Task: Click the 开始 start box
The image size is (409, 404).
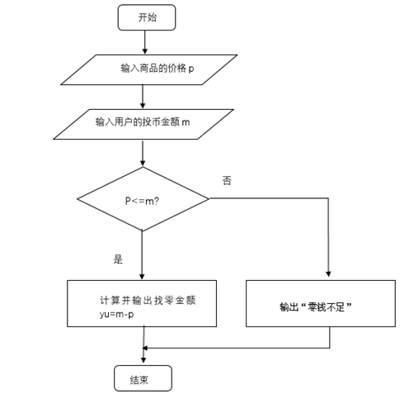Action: click(147, 17)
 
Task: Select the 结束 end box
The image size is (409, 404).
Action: click(143, 378)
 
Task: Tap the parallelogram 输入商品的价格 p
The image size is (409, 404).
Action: click(149, 69)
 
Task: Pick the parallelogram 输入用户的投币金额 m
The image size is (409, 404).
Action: click(143, 124)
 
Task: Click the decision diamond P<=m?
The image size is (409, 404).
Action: click(143, 199)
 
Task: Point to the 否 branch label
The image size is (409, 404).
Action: click(227, 181)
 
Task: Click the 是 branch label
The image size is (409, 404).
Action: click(118, 259)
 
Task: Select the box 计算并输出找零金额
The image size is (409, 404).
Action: click(142, 303)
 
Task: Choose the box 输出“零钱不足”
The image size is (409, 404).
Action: click(321, 303)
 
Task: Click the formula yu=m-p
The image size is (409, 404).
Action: click(116, 314)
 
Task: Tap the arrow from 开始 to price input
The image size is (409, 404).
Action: click(145, 42)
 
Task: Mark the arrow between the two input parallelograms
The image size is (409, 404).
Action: click(143, 97)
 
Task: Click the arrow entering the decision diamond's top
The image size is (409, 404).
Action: click(143, 153)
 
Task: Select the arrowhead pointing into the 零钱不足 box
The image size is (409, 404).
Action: click(328, 273)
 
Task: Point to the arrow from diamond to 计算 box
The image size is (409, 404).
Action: click(142, 255)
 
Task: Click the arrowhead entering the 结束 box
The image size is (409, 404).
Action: click(143, 360)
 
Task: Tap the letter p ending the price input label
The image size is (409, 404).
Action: click(191, 69)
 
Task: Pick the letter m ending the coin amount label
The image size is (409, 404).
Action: click(186, 122)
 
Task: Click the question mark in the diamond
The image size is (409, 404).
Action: click(157, 201)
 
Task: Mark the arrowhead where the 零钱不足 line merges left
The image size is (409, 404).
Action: click(145, 348)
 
